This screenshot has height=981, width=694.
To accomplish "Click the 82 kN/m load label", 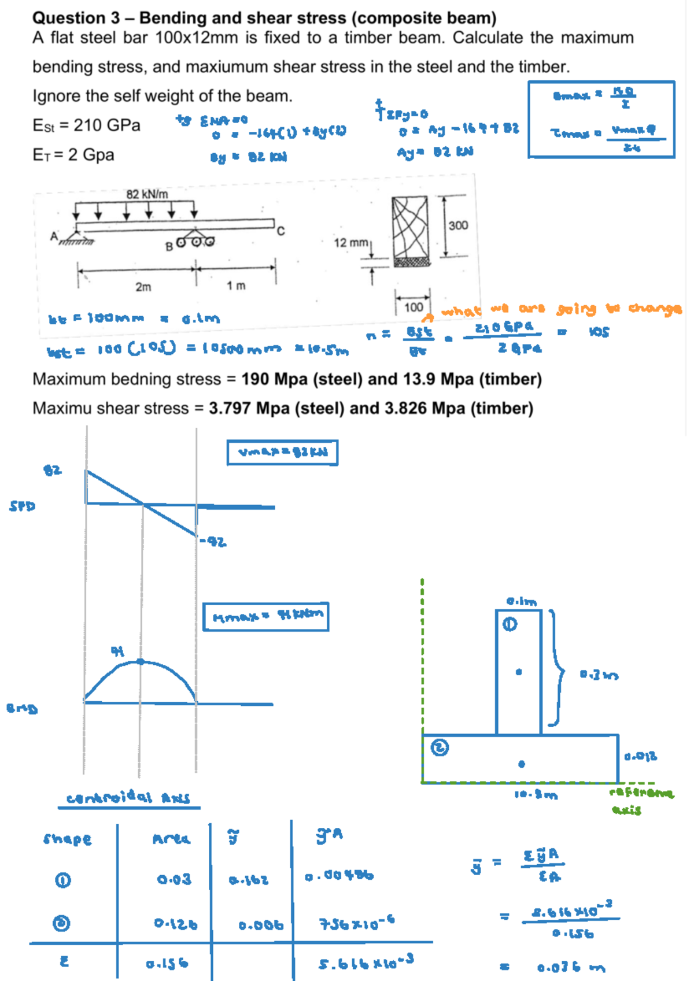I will [x=147, y=194].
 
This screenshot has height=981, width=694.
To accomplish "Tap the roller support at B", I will [x=195, y=241].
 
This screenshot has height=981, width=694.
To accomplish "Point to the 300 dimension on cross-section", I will [x=458, y=225].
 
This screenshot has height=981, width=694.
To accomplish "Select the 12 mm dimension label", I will [x=350, y=243].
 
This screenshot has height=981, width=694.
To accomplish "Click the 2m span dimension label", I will [x=143, y=287].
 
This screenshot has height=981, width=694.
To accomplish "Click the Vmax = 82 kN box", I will [x=282, y=453].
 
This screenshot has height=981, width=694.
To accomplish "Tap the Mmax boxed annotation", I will [x=266, y=616].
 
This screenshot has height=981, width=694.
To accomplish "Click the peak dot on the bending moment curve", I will [x=141, y=661].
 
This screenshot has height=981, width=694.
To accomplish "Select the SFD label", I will [x=22, y=506].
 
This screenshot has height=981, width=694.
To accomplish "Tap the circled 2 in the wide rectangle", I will [x=440, y=748].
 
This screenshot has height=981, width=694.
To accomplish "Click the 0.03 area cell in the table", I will [x=173, y=880].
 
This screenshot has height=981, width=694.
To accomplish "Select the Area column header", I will [x=171, y=839].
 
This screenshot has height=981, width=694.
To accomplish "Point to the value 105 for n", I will [x=599, y=332].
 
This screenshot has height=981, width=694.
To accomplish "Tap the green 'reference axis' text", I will [x=641, y=800].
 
